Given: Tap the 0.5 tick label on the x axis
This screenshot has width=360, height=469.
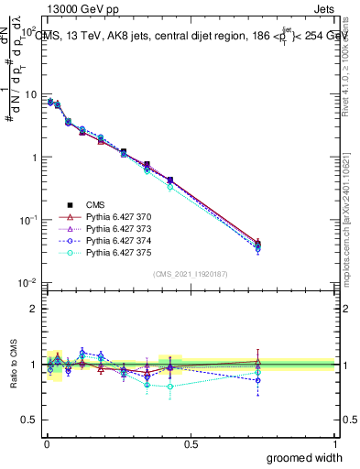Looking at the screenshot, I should [191, 442].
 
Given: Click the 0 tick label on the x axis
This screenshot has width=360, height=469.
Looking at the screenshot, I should [46, 442].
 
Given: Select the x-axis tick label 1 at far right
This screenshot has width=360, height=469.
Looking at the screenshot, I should [334, 442].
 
